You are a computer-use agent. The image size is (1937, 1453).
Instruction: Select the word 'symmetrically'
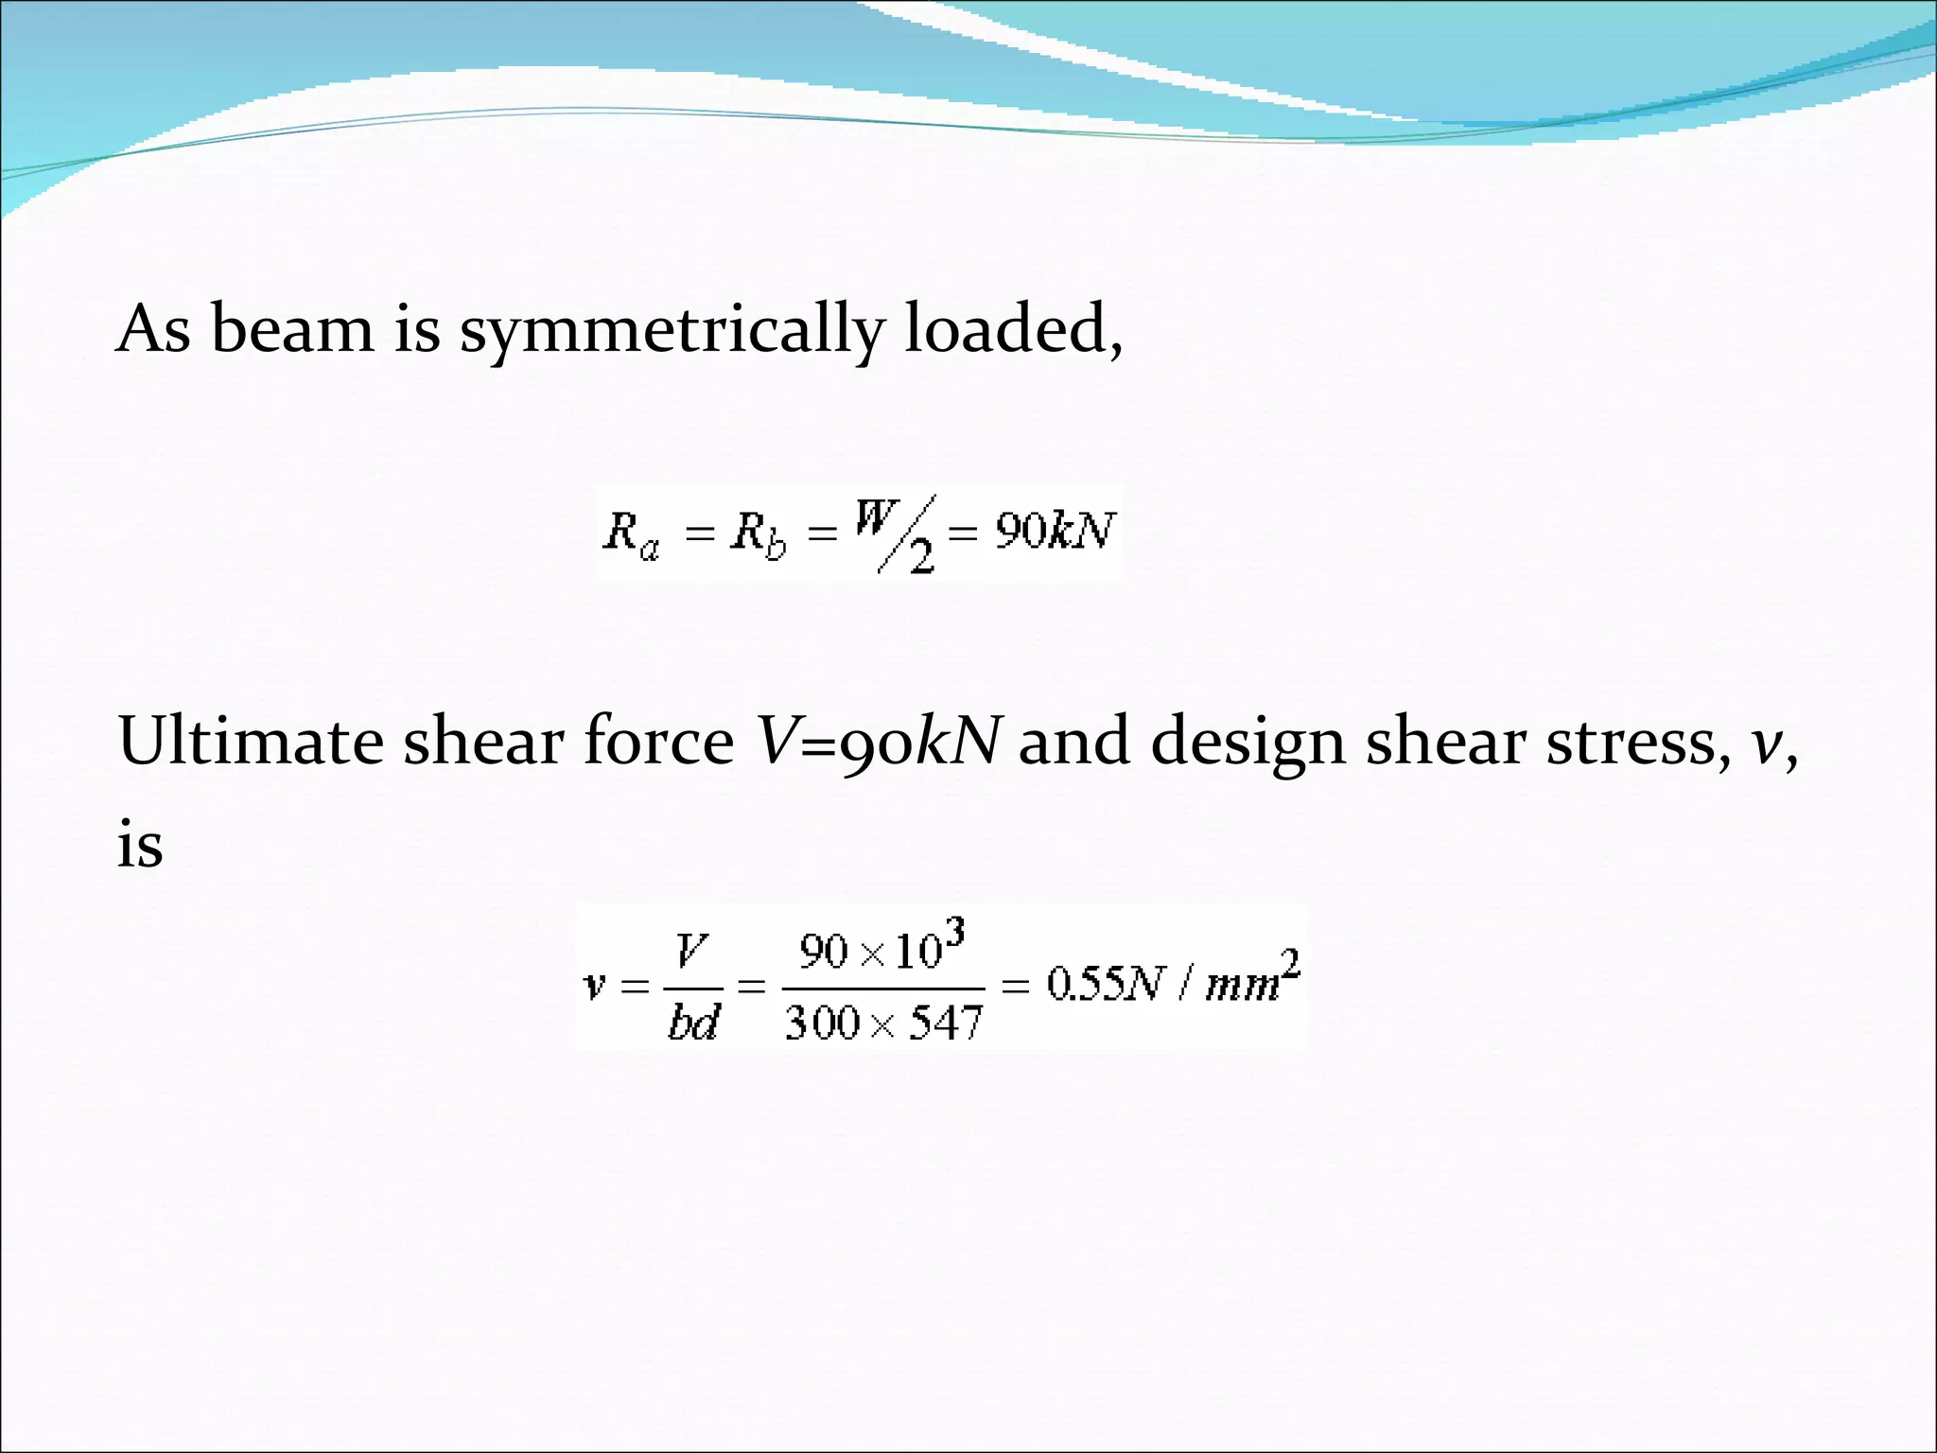coord(671,333)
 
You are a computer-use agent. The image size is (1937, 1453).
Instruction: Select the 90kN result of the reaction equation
coord(1054,532)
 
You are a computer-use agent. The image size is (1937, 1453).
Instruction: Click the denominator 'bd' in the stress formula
coord(692,1023)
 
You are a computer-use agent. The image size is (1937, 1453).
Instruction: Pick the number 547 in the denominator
coord(946,1023)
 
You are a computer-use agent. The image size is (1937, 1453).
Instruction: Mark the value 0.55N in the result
coord(1103,986)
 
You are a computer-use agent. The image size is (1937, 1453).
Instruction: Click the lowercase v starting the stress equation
coord(594,988)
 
